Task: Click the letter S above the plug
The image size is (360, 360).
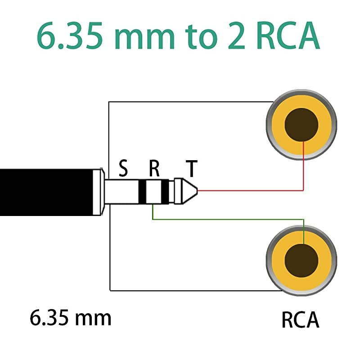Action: click(123, 169)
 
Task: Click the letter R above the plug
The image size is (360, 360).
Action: click(154, 169)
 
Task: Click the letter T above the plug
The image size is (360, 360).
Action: click(192, 169)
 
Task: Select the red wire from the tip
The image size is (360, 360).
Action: click(252, 190)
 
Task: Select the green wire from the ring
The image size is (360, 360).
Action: click(225, 220)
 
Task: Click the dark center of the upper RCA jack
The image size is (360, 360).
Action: click(301, 125)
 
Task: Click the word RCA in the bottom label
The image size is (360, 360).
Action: click(300, 320)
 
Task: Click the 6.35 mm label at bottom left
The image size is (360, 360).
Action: click(71, 318)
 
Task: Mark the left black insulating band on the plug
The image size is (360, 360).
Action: click(143, 191)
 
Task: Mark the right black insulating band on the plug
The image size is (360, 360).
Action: click(165, 191)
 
